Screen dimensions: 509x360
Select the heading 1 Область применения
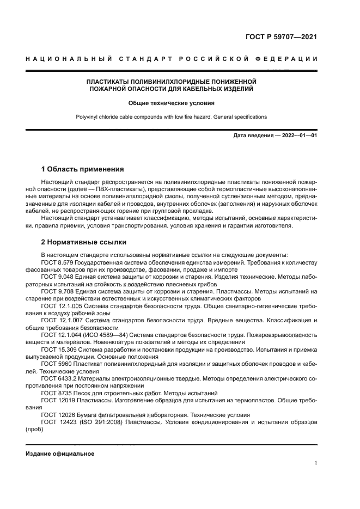[x=82, y=169]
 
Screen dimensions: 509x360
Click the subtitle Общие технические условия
[x=171, y=102]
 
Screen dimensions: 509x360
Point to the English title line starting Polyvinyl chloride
[x=171, y=117]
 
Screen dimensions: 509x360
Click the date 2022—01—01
[x=296, y=136]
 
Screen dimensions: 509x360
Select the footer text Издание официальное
[x=60, y=453]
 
